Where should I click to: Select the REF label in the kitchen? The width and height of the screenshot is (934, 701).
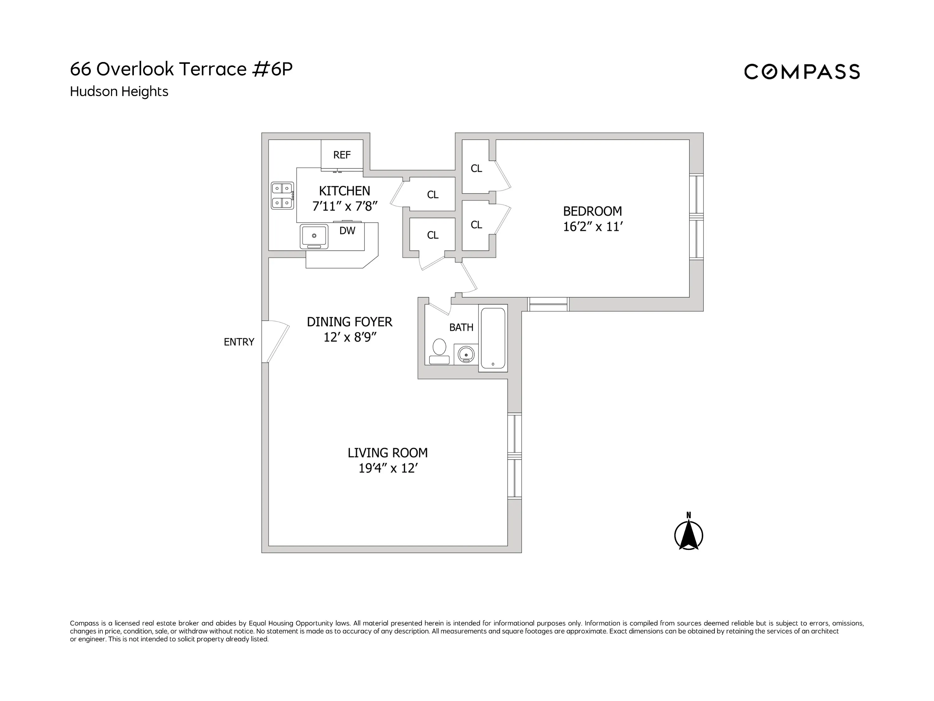click(x=342, y=155)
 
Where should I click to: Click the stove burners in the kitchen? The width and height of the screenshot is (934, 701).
click(x=282, y=196)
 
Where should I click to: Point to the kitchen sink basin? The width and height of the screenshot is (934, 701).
click(x=314, y=236)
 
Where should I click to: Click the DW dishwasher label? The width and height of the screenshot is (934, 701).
click(x=347, y=231)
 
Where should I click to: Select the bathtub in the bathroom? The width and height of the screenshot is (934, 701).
click(x=493, y=338)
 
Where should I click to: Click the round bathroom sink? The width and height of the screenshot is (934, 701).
click(x=466, y=355)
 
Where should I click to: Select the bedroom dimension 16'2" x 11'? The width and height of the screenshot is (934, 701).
click(x=592, y=227)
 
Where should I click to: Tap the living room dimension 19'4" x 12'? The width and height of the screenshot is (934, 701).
click(x=388, y=469)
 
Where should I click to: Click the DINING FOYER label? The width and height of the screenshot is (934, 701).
click(x=349, y=322)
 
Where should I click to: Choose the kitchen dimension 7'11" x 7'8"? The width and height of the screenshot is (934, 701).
click(x=345, y=206)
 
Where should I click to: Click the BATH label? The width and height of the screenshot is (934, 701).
click(x=461, y=327)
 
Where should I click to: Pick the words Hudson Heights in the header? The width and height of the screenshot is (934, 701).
click(x=119, y=91)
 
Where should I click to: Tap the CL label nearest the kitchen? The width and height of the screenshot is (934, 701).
click(x=432, y=195)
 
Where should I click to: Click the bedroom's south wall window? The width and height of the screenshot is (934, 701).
click(x=548, y=304)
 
